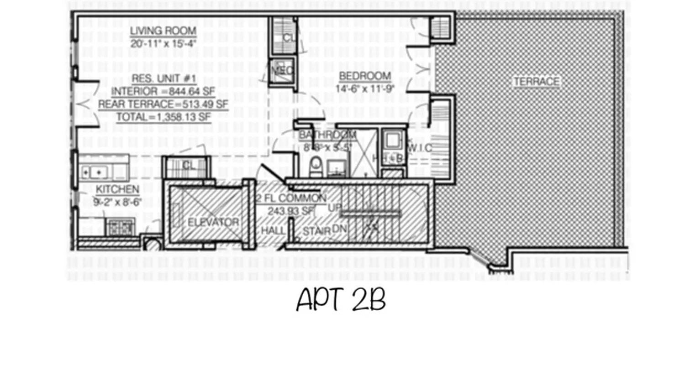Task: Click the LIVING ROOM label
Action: [163, 31]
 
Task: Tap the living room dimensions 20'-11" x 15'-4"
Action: [163, 44]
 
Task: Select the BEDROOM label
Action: [364, 76]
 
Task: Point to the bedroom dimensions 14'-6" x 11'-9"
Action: [364, 89]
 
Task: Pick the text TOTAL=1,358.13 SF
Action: [163, 117]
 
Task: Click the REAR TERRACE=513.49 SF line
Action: [163, 104]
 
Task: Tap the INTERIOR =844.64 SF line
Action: [163, 90]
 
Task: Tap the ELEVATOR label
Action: [213, 222]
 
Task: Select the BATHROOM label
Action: [327, 135]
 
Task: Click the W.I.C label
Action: [419, 147]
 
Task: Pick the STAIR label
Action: [316, 231]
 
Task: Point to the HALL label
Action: [273, 231]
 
